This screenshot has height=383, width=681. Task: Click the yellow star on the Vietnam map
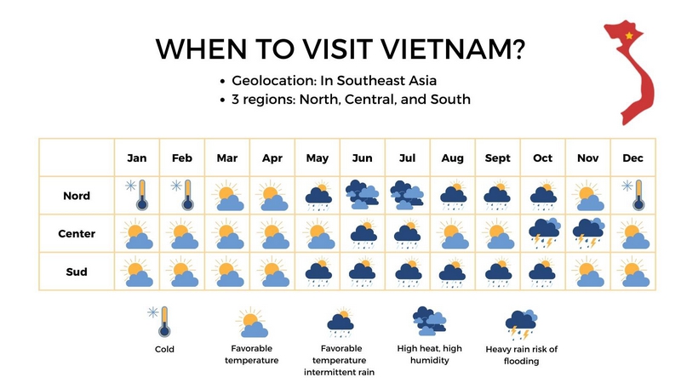coord(629,36)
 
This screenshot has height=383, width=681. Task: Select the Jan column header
coord(137,158)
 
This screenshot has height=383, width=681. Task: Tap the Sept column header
coord(498,158)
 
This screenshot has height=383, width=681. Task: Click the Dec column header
coord(632,158)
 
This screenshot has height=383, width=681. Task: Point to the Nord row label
coord(77,196)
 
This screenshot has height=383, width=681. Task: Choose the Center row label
coord(77,234)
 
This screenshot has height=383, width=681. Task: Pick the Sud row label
coord(77,272)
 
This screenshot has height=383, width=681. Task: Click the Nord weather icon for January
coord(137,195)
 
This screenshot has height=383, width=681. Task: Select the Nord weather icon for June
coord(363,195)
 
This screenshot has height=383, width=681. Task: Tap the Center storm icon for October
coord(543,233)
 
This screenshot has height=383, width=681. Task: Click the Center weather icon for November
coord(588,233)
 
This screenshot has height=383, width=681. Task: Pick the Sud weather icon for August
coord(453,272)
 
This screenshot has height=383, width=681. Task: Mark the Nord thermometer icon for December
coord(634,196)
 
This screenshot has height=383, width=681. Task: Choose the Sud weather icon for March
coord(227,272)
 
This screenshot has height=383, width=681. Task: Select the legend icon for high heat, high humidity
coord(429,321)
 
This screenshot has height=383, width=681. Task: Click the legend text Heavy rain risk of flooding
coord(521,354)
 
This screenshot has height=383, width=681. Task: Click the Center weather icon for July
coord(408,233)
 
